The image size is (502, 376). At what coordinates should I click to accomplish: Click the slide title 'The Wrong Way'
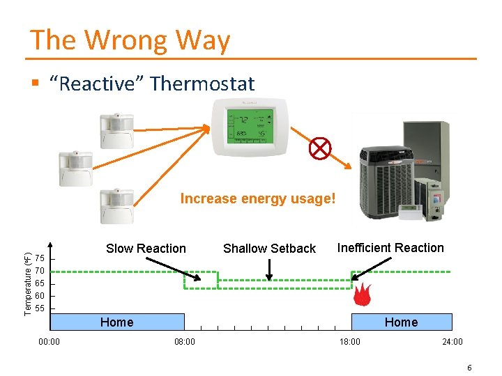pos(130,40)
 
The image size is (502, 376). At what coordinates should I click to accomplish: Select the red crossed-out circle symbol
pos(320,148)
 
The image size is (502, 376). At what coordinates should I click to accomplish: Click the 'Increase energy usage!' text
pos(258,199)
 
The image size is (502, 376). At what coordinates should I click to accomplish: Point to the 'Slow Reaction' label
pos(146,249)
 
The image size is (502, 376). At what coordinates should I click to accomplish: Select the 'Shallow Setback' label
pos(269,249)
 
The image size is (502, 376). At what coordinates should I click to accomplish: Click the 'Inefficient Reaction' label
pos(390,248)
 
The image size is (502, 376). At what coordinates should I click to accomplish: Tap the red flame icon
pos(361,295)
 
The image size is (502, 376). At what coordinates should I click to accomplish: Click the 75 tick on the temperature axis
pos(40,258)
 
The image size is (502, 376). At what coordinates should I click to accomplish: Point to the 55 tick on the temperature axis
pos(40,308)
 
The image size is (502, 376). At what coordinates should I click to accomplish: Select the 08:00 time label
pos(185,341)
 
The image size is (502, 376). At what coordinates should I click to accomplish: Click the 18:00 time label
pos(350,341)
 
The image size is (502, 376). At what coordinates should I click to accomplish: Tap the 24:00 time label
pos(452,341)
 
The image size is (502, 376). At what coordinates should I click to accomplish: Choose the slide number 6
pos(469,367)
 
